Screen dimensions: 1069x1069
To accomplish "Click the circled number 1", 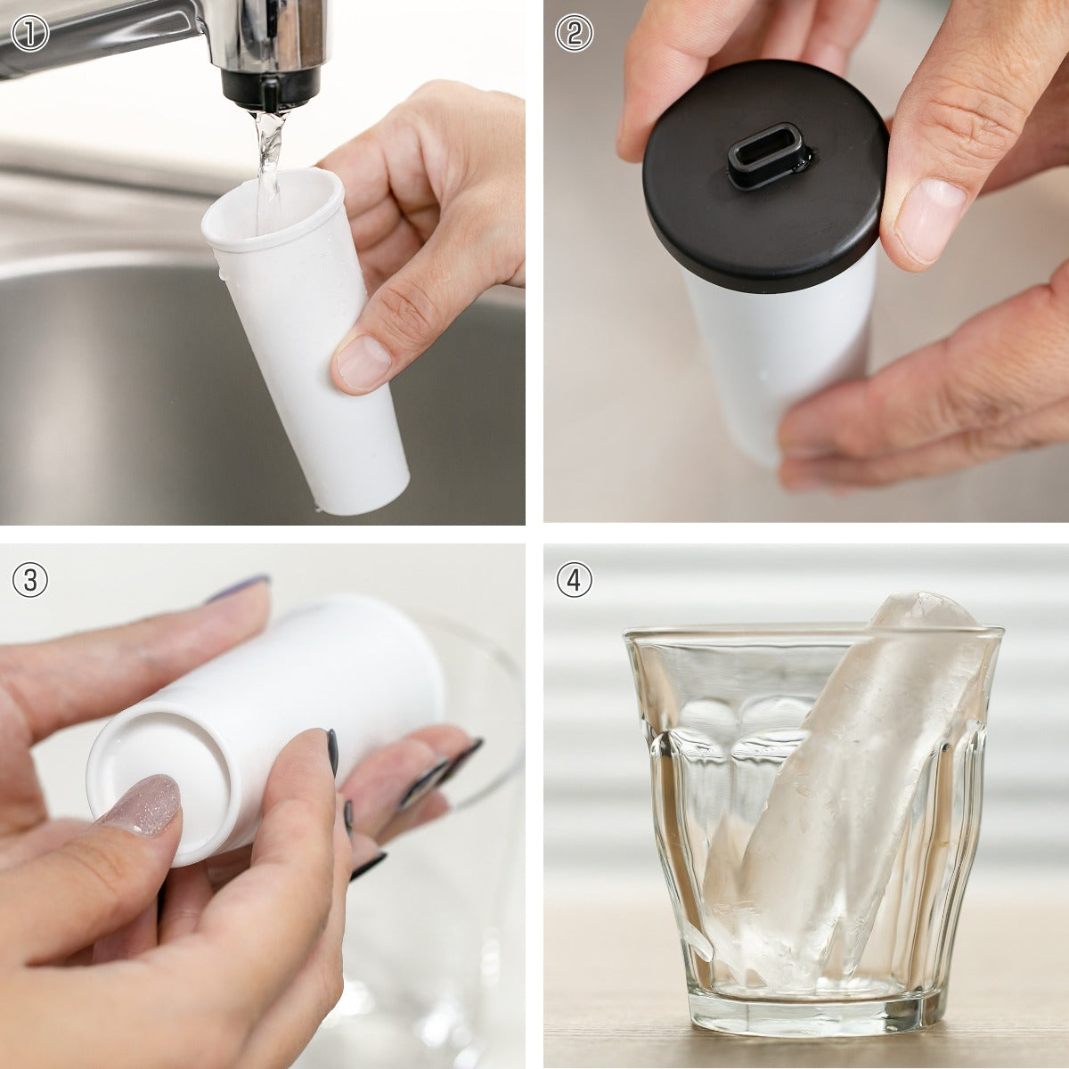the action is coord(30,34).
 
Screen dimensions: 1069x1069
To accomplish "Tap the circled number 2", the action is coord(575,34).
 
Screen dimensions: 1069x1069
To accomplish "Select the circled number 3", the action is coord(30,579).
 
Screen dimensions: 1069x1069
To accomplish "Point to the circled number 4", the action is coord(575,579).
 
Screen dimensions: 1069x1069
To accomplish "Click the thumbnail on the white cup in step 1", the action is coord(364,362).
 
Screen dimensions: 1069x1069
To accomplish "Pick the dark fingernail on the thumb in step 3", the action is coord(333,752).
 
